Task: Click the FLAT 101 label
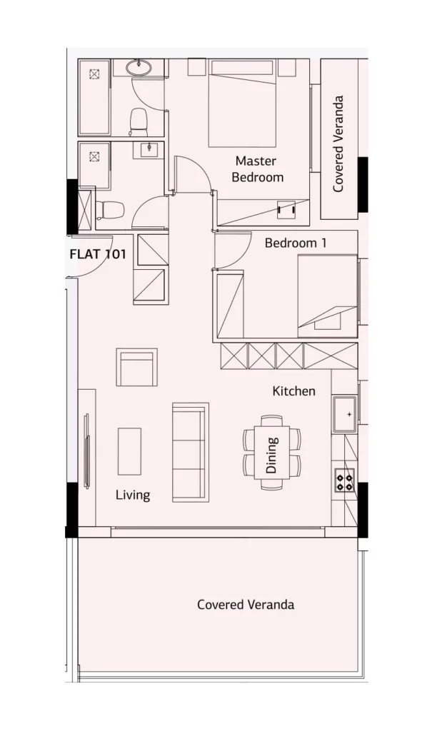[97, 255]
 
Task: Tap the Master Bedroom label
[257, 169]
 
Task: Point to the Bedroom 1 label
[296, 243]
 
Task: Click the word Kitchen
[293, 390]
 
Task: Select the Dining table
[272, 452]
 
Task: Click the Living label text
[133, 495]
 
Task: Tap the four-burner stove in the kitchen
[345, 480]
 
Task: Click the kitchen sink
[344, 415]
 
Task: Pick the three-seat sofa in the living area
[190, 452]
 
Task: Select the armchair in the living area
[136, 367]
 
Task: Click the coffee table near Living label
[129, 451]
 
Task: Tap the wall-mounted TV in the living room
[86, 451]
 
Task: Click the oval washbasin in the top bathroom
[139, 68]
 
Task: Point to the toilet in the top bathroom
[138, 121]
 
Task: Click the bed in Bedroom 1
[327, 296]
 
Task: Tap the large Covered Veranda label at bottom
[246, 605]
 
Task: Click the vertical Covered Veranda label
[338, 143]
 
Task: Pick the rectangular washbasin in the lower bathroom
[149, 150]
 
